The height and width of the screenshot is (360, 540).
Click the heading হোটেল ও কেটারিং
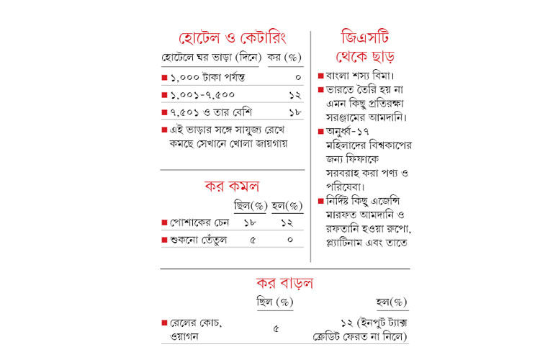(232, 37)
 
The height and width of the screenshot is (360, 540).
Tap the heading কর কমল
(232, 187)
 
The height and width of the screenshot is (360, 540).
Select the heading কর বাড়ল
(284, 282)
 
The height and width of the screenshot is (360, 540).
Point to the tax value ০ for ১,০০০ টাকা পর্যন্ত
(297, 76)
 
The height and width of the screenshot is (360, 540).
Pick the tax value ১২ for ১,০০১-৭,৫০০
(295, 94)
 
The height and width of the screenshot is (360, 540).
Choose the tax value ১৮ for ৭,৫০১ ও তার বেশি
(295, 112)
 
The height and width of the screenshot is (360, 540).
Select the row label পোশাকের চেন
(201, 223)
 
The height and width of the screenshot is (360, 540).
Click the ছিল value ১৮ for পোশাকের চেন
(252, 223)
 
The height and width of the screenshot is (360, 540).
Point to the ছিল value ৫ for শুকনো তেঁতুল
(252, 240)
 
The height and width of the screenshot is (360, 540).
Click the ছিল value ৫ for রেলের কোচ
(276, 330)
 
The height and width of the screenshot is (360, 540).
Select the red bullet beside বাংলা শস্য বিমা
(321, 76)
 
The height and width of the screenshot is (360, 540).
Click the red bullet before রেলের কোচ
(165, 323)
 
